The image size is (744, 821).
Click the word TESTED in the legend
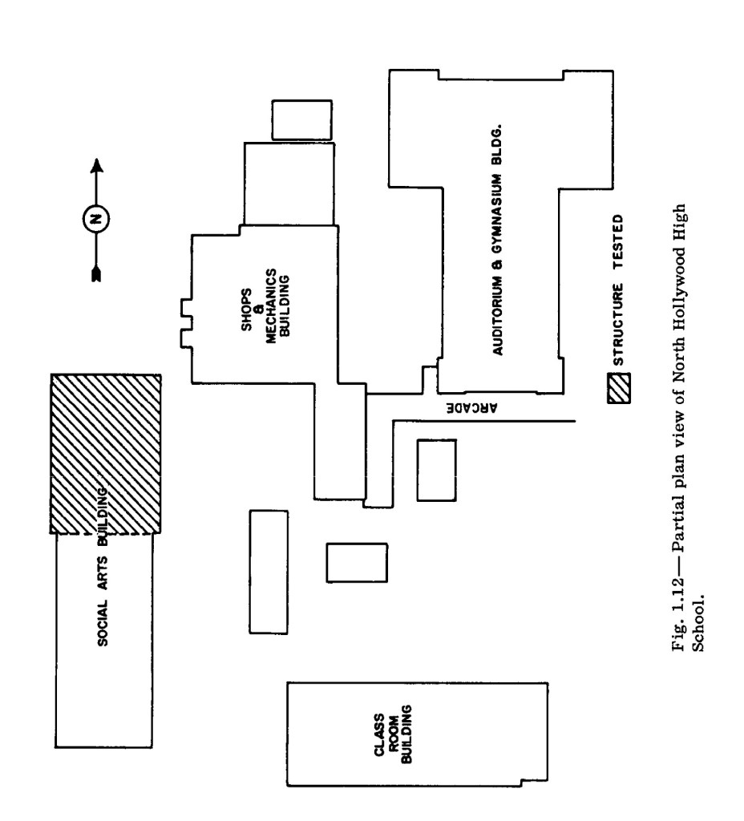click(x=620, y=236)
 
